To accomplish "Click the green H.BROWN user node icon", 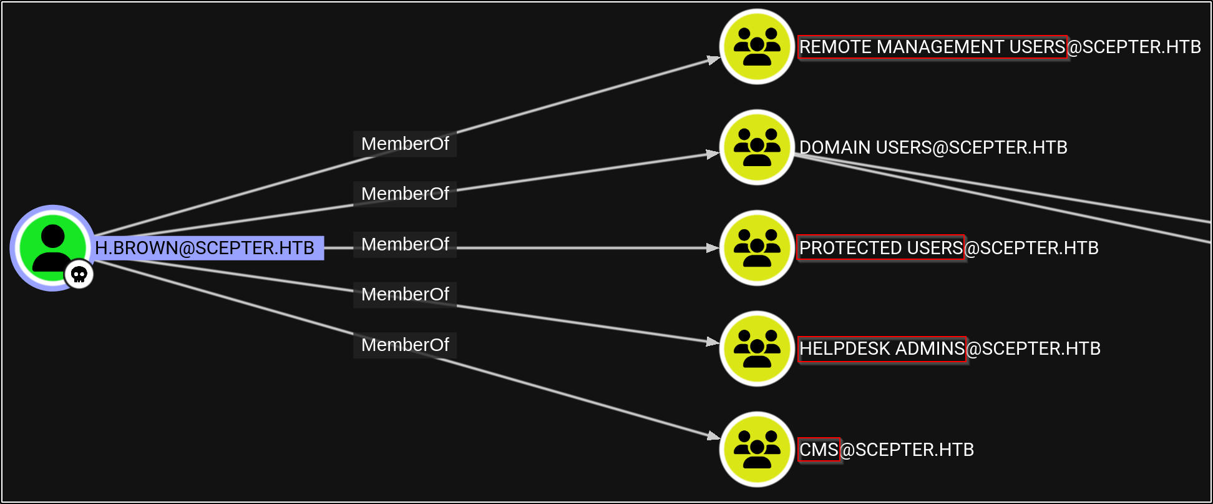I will (x=52, y=247).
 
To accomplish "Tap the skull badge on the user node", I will (x=79, y=275).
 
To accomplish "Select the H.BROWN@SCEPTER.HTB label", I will (x=205, y=248).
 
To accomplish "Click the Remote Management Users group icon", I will (x=757, y=47).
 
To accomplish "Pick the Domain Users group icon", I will (x=757, y=147).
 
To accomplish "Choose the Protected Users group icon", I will (x=757, y=248).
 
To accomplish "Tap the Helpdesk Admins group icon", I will (x=757, y=348).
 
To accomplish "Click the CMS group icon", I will (x=757, y=449).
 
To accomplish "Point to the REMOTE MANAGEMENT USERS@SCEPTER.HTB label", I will (x=1000, y=47).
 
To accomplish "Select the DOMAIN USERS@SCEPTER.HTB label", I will (x=933, y=147).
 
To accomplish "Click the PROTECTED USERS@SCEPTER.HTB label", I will (x=948, y=248).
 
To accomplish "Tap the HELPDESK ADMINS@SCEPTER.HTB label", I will (x=950, y=348).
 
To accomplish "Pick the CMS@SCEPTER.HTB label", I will (x=886, y=450).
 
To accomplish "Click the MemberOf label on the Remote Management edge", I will (x=405, y=144).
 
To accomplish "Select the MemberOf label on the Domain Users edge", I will (x=405, y=194).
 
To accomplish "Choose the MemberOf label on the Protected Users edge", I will (x=405, y=244).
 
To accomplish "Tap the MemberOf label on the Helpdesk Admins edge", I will (x=405, y=294).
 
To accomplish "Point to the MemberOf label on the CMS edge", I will (x=405, y=345).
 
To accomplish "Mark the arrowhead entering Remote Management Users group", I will (x=713, y=60).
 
